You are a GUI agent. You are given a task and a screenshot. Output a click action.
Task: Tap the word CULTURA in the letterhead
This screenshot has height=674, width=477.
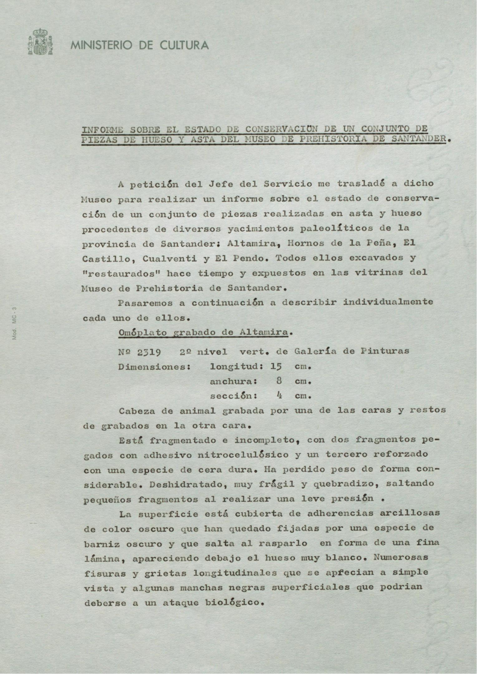(x=184, y=46)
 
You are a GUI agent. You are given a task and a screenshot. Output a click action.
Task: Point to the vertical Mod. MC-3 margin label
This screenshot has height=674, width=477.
(x=14, y=323)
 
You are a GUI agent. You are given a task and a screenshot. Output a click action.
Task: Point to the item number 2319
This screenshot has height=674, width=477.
(x=149, y=352)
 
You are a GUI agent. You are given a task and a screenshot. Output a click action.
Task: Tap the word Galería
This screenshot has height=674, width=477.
(x=315, y=351)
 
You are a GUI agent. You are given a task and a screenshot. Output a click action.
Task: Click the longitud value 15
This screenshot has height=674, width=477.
(x=276, y=367)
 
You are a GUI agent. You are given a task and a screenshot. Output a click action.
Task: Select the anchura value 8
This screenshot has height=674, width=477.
(x=279, y=381)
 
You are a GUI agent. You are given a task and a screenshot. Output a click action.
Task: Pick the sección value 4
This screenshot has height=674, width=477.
(x=279, y=396)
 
